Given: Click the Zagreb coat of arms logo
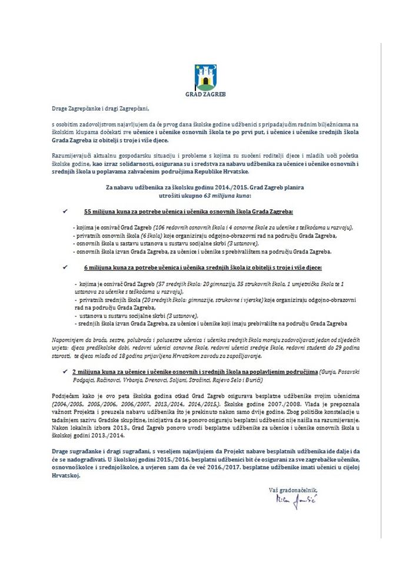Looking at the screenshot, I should coord(206,75).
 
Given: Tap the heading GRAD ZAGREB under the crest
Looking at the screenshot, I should coord(206,94).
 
